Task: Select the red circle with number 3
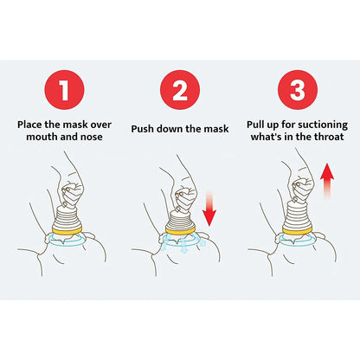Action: pyautogui.click(x=295, y=89)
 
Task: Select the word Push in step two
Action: pyautogui.click(x=144, y=128)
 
